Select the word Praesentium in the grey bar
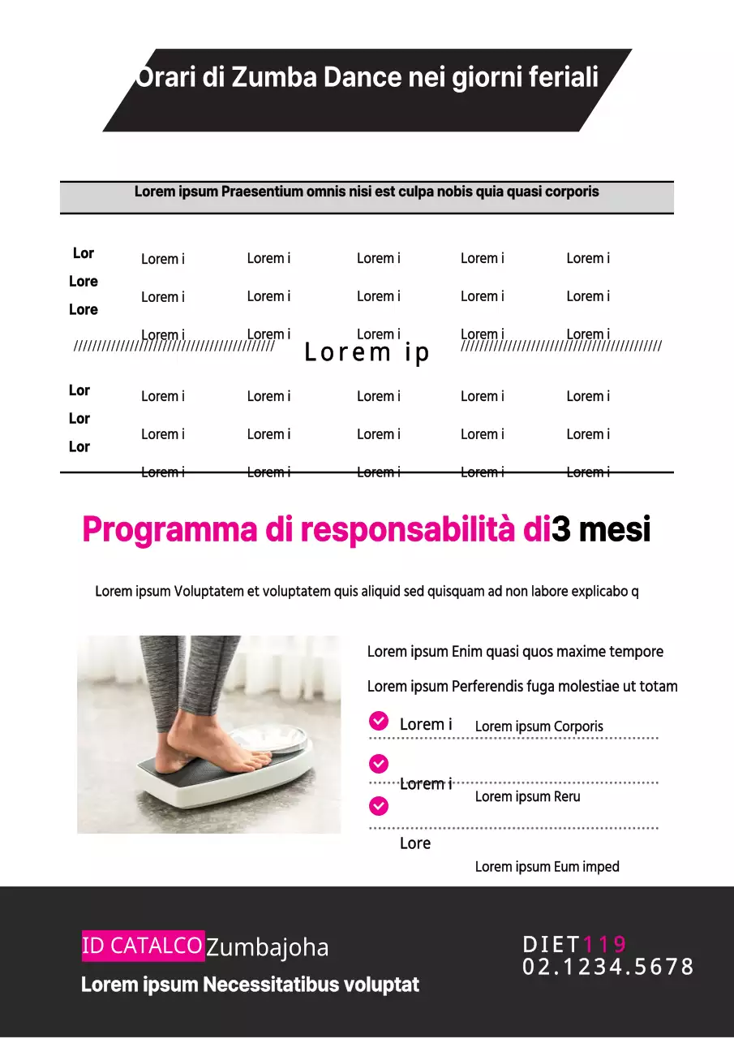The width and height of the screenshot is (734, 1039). click(262, 192)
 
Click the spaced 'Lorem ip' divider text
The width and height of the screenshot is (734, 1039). click(367, 352)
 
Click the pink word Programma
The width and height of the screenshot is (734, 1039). click(170, 530)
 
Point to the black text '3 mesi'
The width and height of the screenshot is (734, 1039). click(601, 530)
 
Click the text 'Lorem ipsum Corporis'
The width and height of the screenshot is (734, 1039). click(539, 726)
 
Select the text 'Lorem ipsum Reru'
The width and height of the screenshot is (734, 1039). click(527, 797)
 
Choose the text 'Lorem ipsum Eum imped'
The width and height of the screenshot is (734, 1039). click(547, 867)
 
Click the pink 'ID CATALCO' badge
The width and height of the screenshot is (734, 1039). click(143, 946)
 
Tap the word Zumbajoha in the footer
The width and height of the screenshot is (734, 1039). click(267, 947)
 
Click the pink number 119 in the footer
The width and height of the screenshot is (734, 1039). click(604, 944)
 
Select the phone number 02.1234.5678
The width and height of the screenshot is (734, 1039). click(608, 967)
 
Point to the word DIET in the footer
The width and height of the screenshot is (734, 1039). click(552, 944)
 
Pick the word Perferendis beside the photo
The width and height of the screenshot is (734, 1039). click(487, 687)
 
